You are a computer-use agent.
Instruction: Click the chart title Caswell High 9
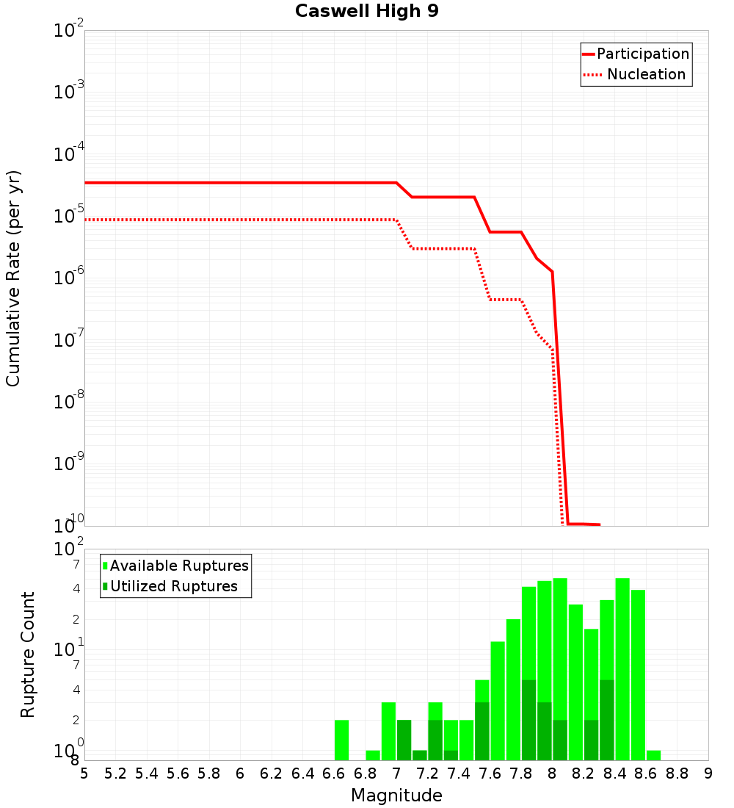coord(366,12)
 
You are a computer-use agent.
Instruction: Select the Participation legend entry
coord(642,54)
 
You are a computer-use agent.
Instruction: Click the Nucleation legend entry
coord(645,74)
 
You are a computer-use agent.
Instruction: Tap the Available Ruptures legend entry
coord(178,566)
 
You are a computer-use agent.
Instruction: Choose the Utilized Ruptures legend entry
coord(173,586)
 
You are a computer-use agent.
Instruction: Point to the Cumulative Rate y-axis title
coord(13,278)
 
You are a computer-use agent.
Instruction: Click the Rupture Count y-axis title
coord(28,654)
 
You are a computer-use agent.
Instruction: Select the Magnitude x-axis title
coord(396,796)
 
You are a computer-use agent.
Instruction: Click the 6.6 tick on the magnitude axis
coord(334,773)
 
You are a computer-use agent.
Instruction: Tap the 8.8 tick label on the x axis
coord(677,773)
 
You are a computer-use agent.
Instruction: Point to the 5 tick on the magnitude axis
coord(84,773)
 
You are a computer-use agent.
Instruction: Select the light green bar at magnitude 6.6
coord(341,740)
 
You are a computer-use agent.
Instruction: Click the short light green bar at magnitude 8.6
coord(653,755)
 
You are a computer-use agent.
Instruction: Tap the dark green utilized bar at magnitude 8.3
coord(607,720)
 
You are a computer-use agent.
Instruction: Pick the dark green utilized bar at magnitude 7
coord(404,740)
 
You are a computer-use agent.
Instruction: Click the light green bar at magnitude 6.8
coord(373,755)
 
